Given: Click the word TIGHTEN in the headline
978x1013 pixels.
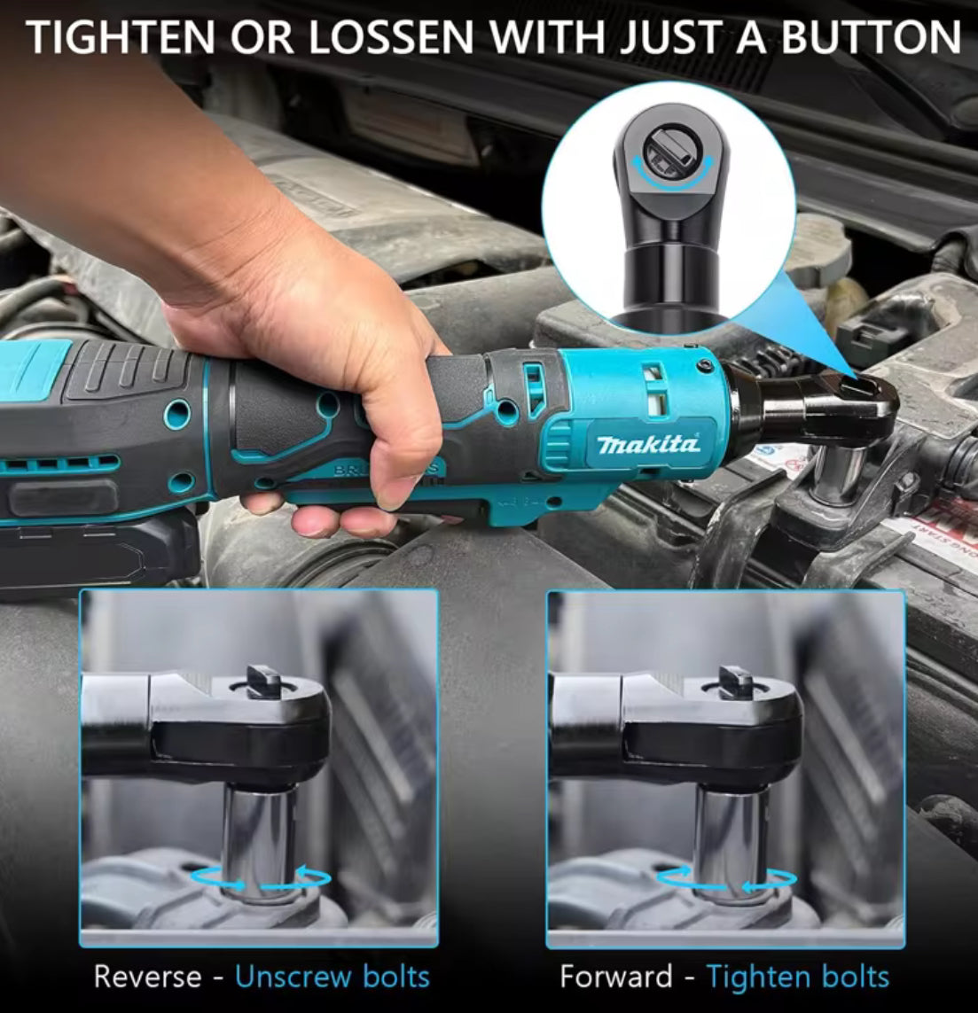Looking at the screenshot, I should tap(121, 37).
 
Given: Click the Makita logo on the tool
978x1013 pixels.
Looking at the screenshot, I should tap(648, 443).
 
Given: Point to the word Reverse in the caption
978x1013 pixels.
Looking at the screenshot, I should tap(147, 977).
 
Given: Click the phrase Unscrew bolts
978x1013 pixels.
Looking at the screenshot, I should tap(333, 977).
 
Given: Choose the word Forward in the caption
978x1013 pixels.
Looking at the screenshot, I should tap(615, 977).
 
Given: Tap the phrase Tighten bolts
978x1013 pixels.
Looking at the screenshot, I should tap(798, 977).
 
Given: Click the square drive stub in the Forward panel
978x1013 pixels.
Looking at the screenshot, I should tap(735, 681).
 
